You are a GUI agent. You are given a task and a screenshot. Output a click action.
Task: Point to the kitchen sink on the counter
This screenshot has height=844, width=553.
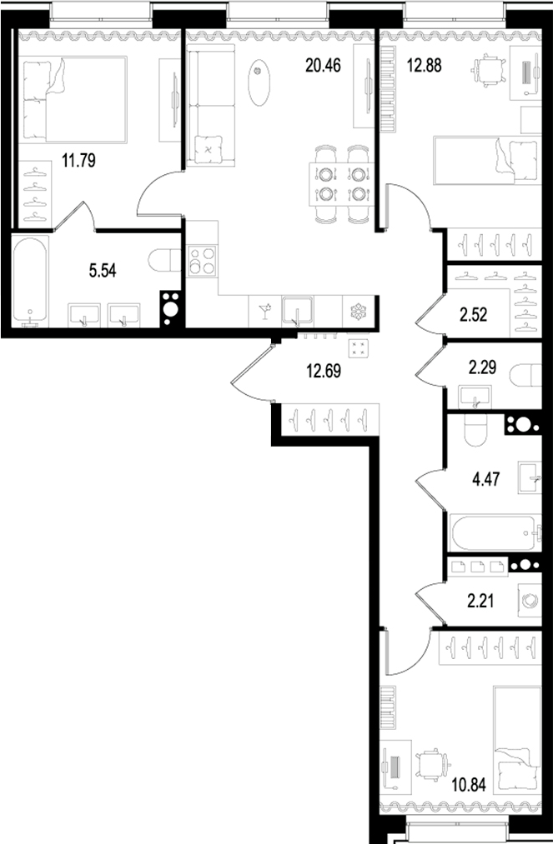tap(297, 311)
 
